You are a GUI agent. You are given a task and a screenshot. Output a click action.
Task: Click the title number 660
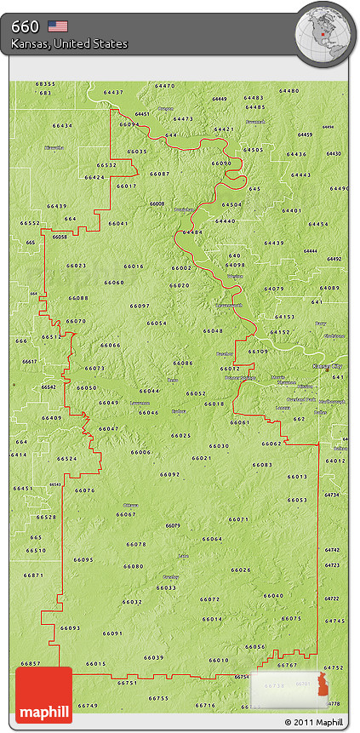point(25,26)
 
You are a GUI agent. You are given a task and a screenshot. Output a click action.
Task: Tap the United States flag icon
point(58,26)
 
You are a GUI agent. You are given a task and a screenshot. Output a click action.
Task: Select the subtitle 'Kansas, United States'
point(69,43)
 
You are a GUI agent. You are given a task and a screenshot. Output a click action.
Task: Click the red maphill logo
point(43,695)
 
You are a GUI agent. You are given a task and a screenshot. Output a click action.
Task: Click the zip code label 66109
point(258,351)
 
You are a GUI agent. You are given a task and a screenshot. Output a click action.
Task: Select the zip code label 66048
point(213,330)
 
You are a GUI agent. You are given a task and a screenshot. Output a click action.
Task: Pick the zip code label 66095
point(83,559)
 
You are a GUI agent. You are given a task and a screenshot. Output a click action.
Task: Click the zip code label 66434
point(62,125)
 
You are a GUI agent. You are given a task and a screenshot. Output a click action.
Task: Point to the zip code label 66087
point(159,173)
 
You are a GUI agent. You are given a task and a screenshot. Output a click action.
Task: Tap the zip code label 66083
point(262,464)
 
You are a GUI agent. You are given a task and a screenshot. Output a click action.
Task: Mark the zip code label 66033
point(166,587)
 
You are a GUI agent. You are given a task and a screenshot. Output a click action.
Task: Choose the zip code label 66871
point(33,576)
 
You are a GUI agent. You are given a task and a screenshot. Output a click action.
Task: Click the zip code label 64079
point(274,289)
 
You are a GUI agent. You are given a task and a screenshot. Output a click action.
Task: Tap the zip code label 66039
point(154,657)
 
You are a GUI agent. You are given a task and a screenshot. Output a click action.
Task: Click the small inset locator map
point(289,689)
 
